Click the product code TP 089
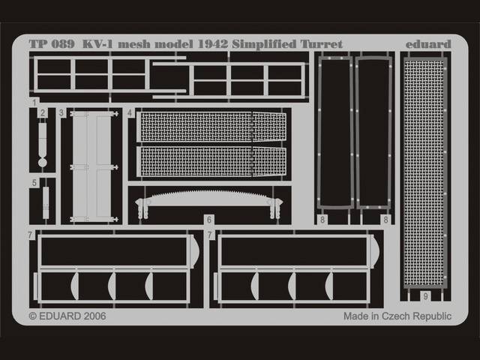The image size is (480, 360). click(52, 44)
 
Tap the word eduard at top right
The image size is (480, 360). click(428, 44)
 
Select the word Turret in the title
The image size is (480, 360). click(322, 44)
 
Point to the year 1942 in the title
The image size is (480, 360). click(213, 44)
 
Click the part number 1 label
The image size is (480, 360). click(34, 103)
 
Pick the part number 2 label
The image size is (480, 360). click(43, 113)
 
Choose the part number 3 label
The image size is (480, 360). click(61, 113)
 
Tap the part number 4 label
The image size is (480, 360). click(130, 113)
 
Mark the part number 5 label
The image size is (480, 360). click(34, 183)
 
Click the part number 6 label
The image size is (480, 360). click(209, 220)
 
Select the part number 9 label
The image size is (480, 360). click(425, 296)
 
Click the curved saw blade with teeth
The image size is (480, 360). click(208, 198)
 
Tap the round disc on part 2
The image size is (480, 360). click(43, 162)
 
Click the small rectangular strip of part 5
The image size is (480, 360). click(46, 202)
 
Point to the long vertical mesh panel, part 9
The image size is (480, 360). click(424, 172)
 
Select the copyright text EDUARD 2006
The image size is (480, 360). click(67, 316)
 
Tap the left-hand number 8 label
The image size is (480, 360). click(322, 220)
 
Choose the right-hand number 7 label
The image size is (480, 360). click(210, 235)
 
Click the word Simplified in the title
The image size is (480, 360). click(265, 45)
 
